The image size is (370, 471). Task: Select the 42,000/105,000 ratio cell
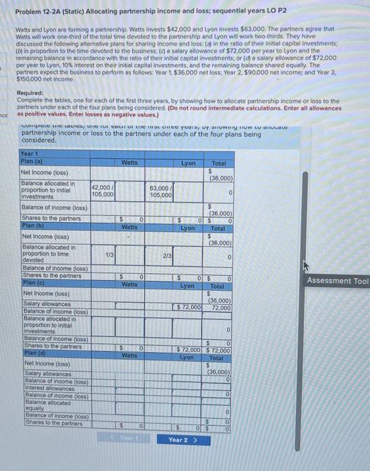coord(102,190)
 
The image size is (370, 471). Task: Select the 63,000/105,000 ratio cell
coord(161,190)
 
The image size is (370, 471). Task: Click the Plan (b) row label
coord(32,226)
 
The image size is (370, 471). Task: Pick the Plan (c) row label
coord(32,283)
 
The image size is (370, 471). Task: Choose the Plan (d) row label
coord(32,353)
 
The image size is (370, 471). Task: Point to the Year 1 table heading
coord(30,153)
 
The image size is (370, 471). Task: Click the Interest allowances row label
coord(46,387)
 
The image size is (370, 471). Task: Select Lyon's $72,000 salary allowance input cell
coord(188,307)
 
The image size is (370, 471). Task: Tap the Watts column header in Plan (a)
coord(129,163)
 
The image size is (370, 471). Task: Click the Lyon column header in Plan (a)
coord(188,163)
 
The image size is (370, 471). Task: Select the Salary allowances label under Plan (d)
coord(42,373)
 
